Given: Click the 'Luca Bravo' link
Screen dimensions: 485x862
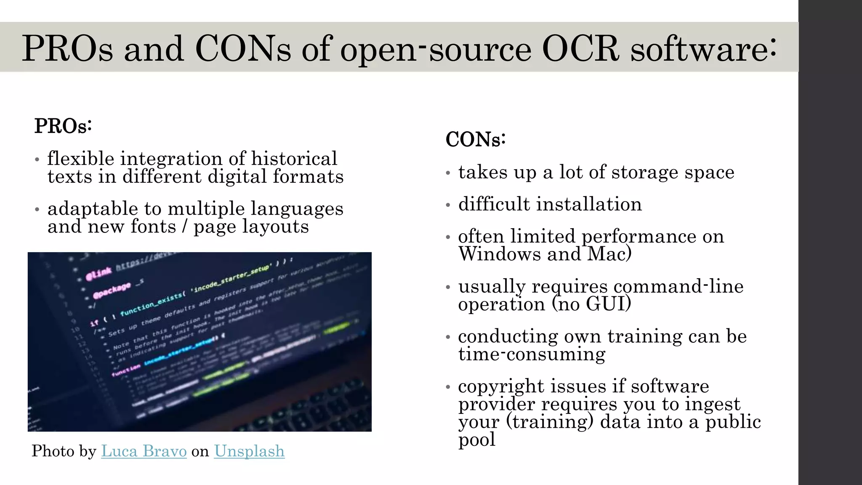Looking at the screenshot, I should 144,451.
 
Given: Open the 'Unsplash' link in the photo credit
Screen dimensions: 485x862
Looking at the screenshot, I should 249,451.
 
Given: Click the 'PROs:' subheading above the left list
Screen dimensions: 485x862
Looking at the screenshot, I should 63,125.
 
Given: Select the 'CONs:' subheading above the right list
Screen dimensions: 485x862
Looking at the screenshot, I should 476,139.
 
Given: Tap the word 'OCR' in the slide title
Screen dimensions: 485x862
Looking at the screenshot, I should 580,48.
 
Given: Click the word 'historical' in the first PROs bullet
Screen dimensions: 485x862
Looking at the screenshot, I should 294,159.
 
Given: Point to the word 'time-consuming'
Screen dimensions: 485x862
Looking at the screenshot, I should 532,354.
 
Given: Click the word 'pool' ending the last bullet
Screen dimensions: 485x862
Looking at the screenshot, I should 476,440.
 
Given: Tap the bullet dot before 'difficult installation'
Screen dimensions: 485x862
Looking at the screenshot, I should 448,205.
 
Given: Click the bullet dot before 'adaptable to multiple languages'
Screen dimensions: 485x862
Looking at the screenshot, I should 37,210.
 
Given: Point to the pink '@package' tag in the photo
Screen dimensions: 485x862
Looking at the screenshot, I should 112,290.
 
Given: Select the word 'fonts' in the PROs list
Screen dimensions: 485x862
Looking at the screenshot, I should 153,227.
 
